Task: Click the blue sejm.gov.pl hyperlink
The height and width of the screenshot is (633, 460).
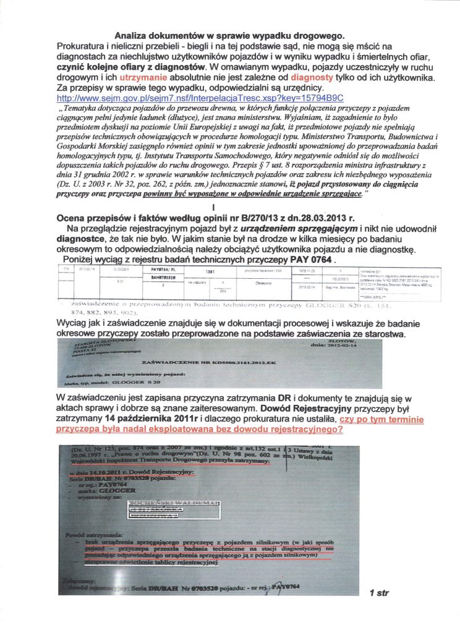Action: click(199, 98)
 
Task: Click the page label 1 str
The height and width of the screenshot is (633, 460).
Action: click(379, 593)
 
